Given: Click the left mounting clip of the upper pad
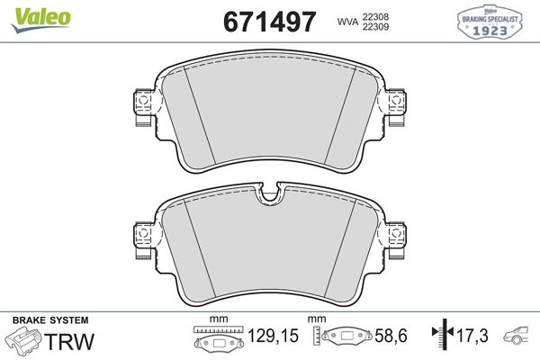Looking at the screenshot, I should (140, 109).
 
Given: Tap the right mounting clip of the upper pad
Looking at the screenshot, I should (398, 109).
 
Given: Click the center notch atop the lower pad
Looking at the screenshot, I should (269, 195).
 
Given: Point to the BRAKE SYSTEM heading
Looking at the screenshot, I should (49, 320).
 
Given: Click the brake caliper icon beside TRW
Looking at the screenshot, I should (24, 343).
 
